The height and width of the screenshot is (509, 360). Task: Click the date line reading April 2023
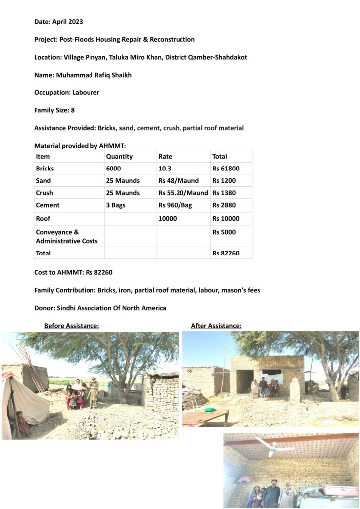(59, 22)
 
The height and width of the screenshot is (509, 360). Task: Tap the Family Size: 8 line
(54, 110)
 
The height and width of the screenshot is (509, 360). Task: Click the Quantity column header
(119, 156)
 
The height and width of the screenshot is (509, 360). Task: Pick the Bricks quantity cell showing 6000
(113, 169)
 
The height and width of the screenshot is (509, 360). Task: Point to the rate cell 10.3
(166, 169)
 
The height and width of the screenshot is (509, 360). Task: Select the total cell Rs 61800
(226, 169)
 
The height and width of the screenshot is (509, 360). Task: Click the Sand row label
(44, 181)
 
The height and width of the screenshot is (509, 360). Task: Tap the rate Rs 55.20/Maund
(183, 193)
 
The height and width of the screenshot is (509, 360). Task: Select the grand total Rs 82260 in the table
(226, 253)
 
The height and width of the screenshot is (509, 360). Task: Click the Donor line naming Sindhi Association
(100, 308)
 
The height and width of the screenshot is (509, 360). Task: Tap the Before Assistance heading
(72, 326)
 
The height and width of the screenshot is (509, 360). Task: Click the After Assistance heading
(216, 326)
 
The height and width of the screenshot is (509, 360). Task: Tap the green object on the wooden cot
(210, 410)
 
